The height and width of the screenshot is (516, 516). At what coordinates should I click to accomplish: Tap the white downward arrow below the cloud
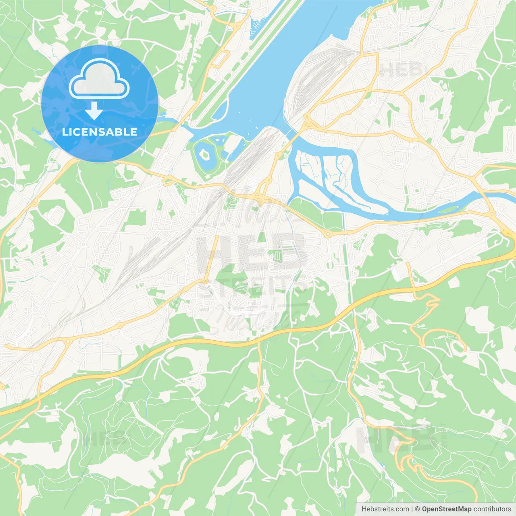94,111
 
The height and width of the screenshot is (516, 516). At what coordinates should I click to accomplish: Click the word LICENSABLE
100,132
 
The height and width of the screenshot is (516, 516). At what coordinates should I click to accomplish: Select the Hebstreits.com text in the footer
385,509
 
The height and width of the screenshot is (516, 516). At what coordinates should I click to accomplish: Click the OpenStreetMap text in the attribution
446,509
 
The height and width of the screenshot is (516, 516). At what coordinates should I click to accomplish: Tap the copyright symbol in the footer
417,509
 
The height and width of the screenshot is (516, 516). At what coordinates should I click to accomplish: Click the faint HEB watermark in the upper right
401,70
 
